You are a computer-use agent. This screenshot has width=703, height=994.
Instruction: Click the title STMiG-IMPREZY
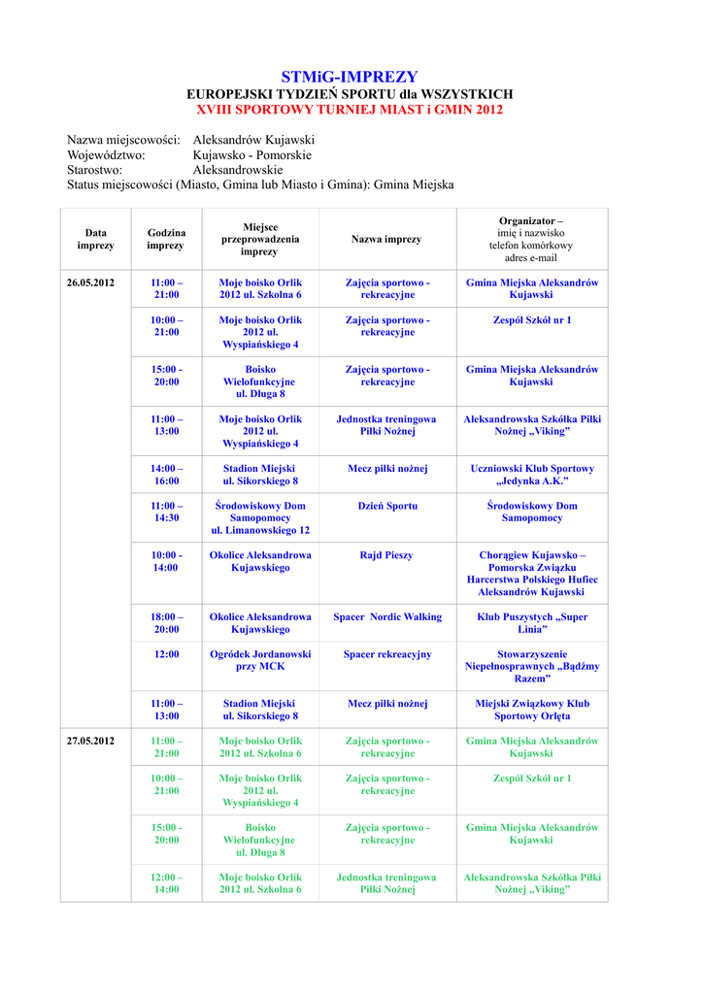(x=350, y=77)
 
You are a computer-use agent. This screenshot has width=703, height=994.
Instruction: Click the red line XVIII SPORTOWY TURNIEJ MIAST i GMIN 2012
(x=350, y=110)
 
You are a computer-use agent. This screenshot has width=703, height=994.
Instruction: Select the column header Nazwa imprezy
(x=386, y=239)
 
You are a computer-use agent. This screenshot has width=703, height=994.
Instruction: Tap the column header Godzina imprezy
(x=166, y=239)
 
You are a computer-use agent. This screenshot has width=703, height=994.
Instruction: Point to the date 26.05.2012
(x=90, y=282)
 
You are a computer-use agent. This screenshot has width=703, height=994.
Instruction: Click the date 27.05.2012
(x=90, y=741)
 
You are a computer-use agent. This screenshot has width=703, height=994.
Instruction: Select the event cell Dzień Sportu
(x=387, y=506)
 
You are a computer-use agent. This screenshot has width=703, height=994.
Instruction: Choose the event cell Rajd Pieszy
(x=386, y=555)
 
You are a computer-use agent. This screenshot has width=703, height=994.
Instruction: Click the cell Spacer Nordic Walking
(x=387, y=616)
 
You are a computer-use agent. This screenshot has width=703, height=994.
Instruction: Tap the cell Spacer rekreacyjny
(x=387, y=654)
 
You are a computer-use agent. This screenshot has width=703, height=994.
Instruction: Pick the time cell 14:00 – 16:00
(x=166, y=475)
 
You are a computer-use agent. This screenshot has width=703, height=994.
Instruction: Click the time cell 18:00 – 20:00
(x=166, y=622)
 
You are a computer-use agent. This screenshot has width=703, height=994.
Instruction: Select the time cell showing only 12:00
(x=166, y=654)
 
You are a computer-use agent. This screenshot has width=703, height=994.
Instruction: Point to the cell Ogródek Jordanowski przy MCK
(x=260, y=660)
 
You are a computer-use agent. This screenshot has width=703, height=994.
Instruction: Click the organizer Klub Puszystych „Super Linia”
(x=532, y=622)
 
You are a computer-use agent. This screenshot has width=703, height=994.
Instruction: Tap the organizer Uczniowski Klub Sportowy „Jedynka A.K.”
(x=532, y=475)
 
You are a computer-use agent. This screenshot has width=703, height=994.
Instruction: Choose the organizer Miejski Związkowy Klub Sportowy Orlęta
(x=532, y=710)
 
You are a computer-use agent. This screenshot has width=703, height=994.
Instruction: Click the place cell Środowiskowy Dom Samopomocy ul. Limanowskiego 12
(x=260, y=518)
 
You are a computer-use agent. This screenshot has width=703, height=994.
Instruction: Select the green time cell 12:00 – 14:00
(x=166, y=882)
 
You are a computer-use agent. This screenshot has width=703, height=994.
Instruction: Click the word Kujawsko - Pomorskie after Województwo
(x=251, y=154)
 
